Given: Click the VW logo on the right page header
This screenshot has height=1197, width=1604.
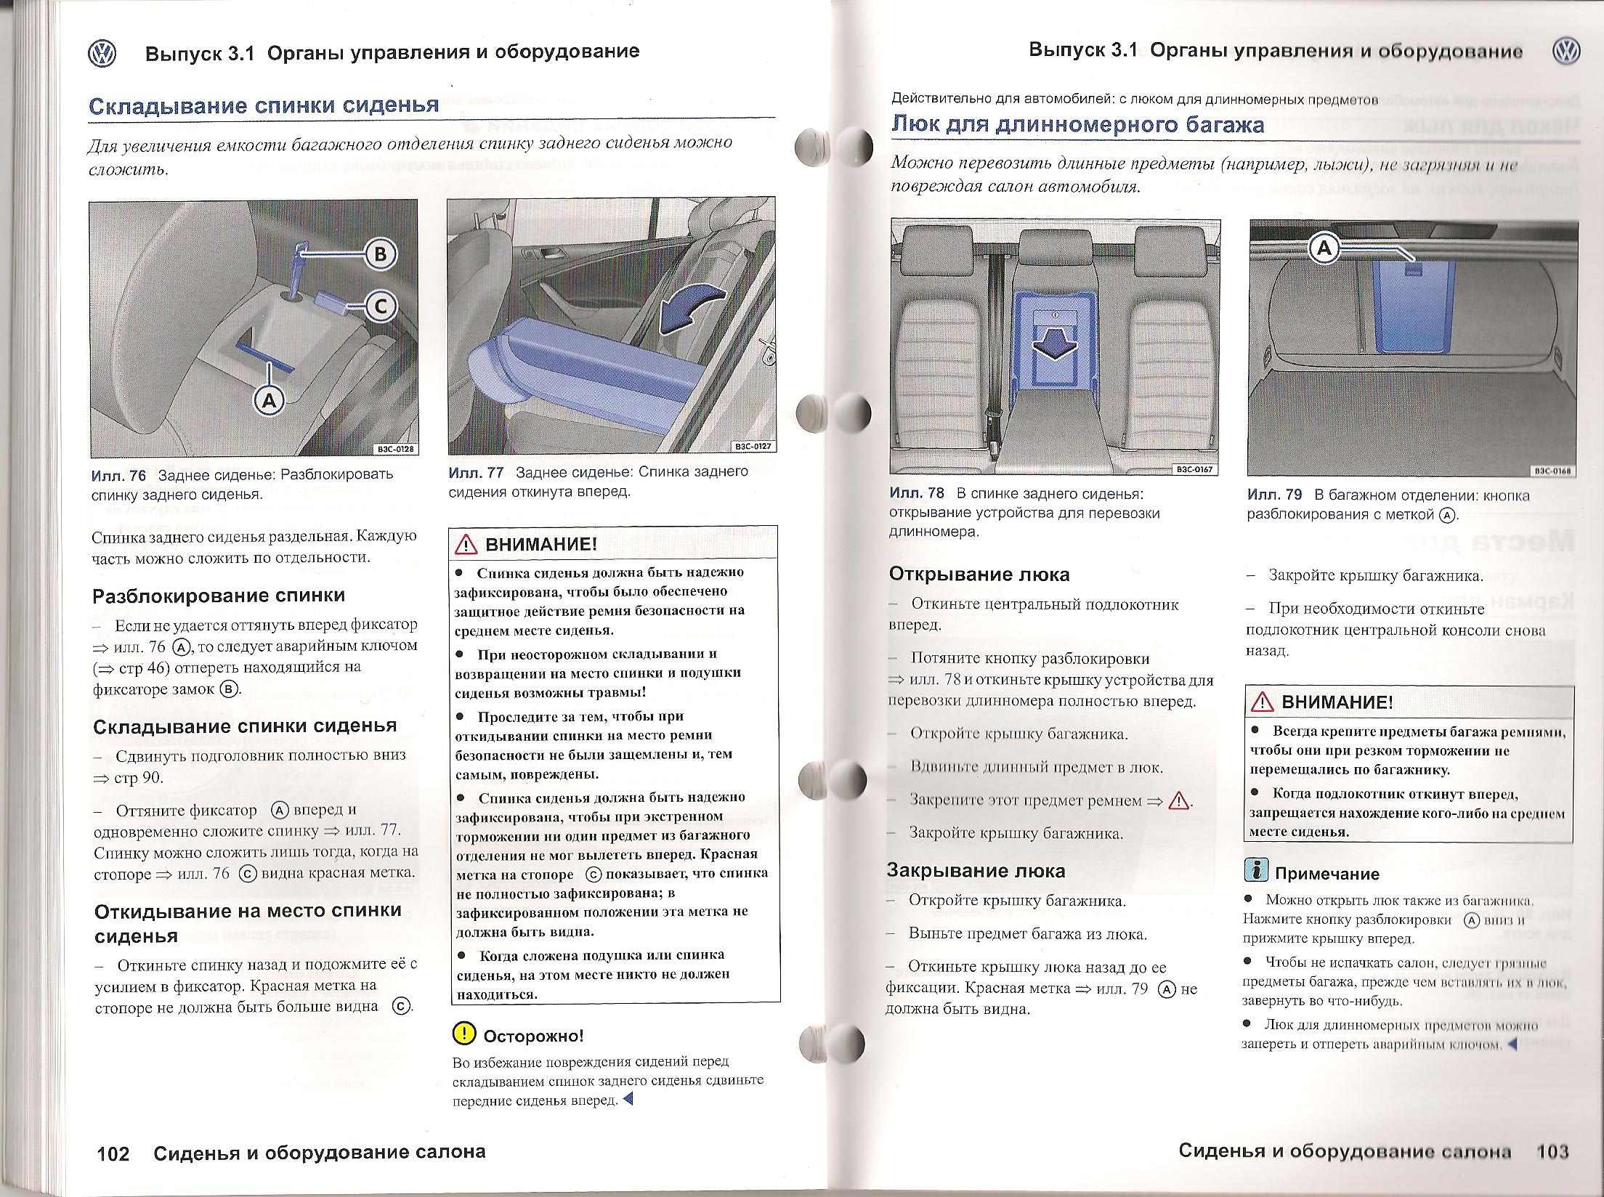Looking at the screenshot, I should coord(1567,51).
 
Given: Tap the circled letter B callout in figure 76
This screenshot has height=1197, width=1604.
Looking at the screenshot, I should coord(381,254).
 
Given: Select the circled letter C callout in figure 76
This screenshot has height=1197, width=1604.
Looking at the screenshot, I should coord(381,307).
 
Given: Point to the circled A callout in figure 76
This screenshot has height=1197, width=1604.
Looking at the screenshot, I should coord(269,399).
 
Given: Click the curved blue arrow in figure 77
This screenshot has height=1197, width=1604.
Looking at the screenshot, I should coord(691,308).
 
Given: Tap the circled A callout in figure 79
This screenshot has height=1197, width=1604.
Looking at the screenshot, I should coord(1324,249).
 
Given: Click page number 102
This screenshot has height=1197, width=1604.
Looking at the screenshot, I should coord(113,1153).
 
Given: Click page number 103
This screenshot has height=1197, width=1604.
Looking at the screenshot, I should coord(1552,1151).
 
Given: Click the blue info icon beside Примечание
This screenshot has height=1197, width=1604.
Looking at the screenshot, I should coord(1256,870).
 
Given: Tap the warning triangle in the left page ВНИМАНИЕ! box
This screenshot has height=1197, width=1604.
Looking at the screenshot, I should coord(466,544).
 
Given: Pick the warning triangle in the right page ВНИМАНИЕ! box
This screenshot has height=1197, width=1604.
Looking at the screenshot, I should coord(1263,702).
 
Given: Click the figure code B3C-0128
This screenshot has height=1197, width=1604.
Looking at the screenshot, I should coord(395,449).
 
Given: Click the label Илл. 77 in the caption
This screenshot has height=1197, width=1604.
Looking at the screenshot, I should coord(476,472).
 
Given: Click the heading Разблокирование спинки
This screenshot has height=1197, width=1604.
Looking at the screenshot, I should coord(219,596).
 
